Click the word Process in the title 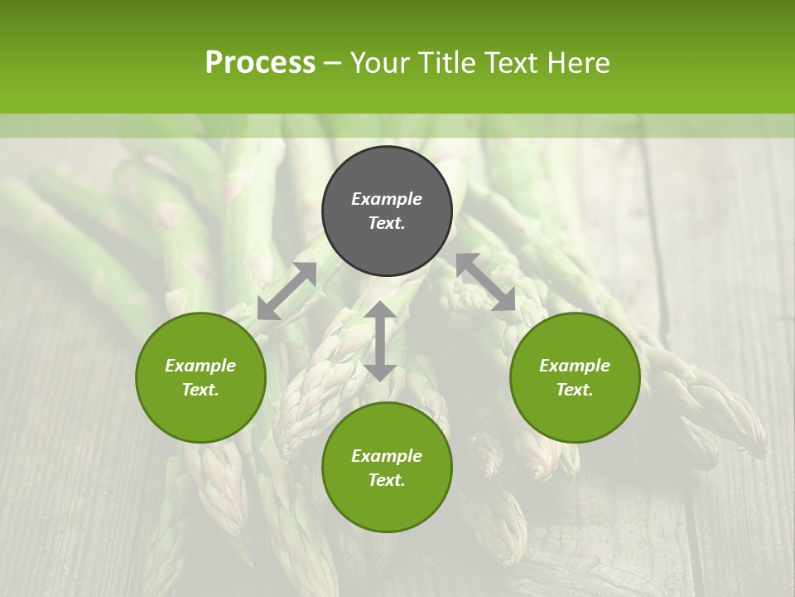point(260,63)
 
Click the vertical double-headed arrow point(380,341)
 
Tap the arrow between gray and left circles point(287,291)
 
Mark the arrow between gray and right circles point(485,282)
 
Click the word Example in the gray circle point(387,199)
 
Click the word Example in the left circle point(200,366)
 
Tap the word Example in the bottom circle point(387,456)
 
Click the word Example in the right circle point(575,366)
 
